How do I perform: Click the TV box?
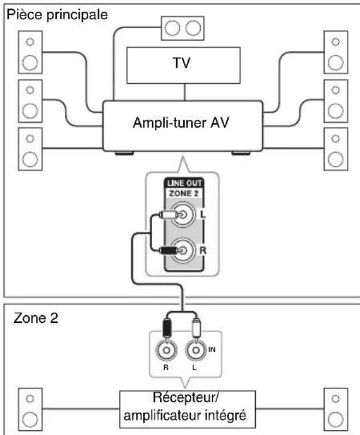185,64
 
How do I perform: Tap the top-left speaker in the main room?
29,52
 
